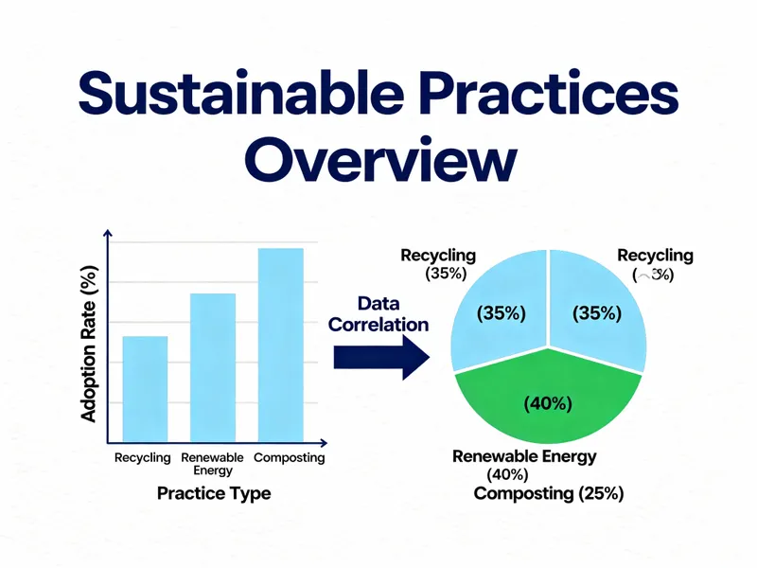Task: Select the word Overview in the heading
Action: click(388, 161)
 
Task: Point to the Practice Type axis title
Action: click(213, 493)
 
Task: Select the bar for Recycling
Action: click(145, 388)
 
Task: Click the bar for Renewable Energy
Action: click(213, 367)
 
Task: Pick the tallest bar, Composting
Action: click(280, 345)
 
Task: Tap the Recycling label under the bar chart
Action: click(142, 458)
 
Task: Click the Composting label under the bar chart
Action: click(289, 458)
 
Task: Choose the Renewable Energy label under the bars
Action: click(213, 464)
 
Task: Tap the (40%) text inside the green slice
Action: click(548, 404)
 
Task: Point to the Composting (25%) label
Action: click(548, 494)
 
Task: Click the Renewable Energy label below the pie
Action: click(524, 457)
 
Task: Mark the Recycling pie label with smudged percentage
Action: click(655, 265)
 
